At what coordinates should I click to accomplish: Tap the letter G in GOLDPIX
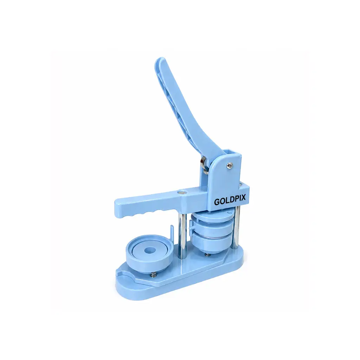[x=217, y=202]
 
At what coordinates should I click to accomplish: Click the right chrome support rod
[x=237, y=228]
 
